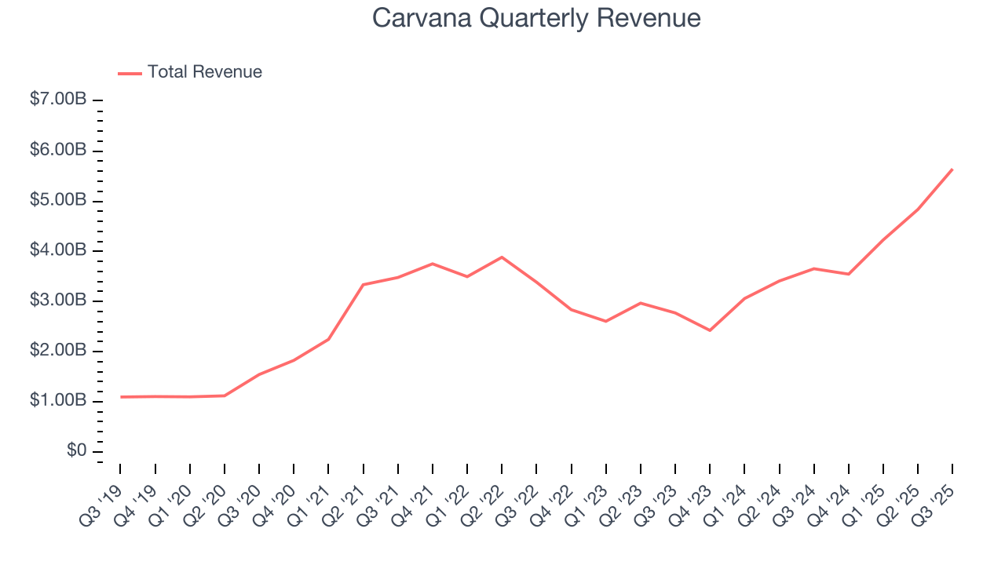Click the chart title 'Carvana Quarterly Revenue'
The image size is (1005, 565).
pos(536,18)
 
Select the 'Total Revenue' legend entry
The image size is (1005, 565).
pos(204,72)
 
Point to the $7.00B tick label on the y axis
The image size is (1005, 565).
pos(59,100)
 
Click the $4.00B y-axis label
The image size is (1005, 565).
pos(59,251)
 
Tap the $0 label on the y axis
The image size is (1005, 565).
pos(76,451)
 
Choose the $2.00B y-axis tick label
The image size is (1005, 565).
pos(59,351)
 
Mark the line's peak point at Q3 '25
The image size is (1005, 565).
pos(952,169)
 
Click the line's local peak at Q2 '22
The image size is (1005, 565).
pos(502,257)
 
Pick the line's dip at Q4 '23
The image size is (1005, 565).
pos(710,330)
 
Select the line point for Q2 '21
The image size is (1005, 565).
pos(363,284)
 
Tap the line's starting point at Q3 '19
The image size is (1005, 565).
pos(121,397)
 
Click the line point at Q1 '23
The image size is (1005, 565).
pos(605,321)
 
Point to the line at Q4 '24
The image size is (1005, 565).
pos(849,274)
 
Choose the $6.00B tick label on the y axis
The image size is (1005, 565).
pos(59,151)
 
